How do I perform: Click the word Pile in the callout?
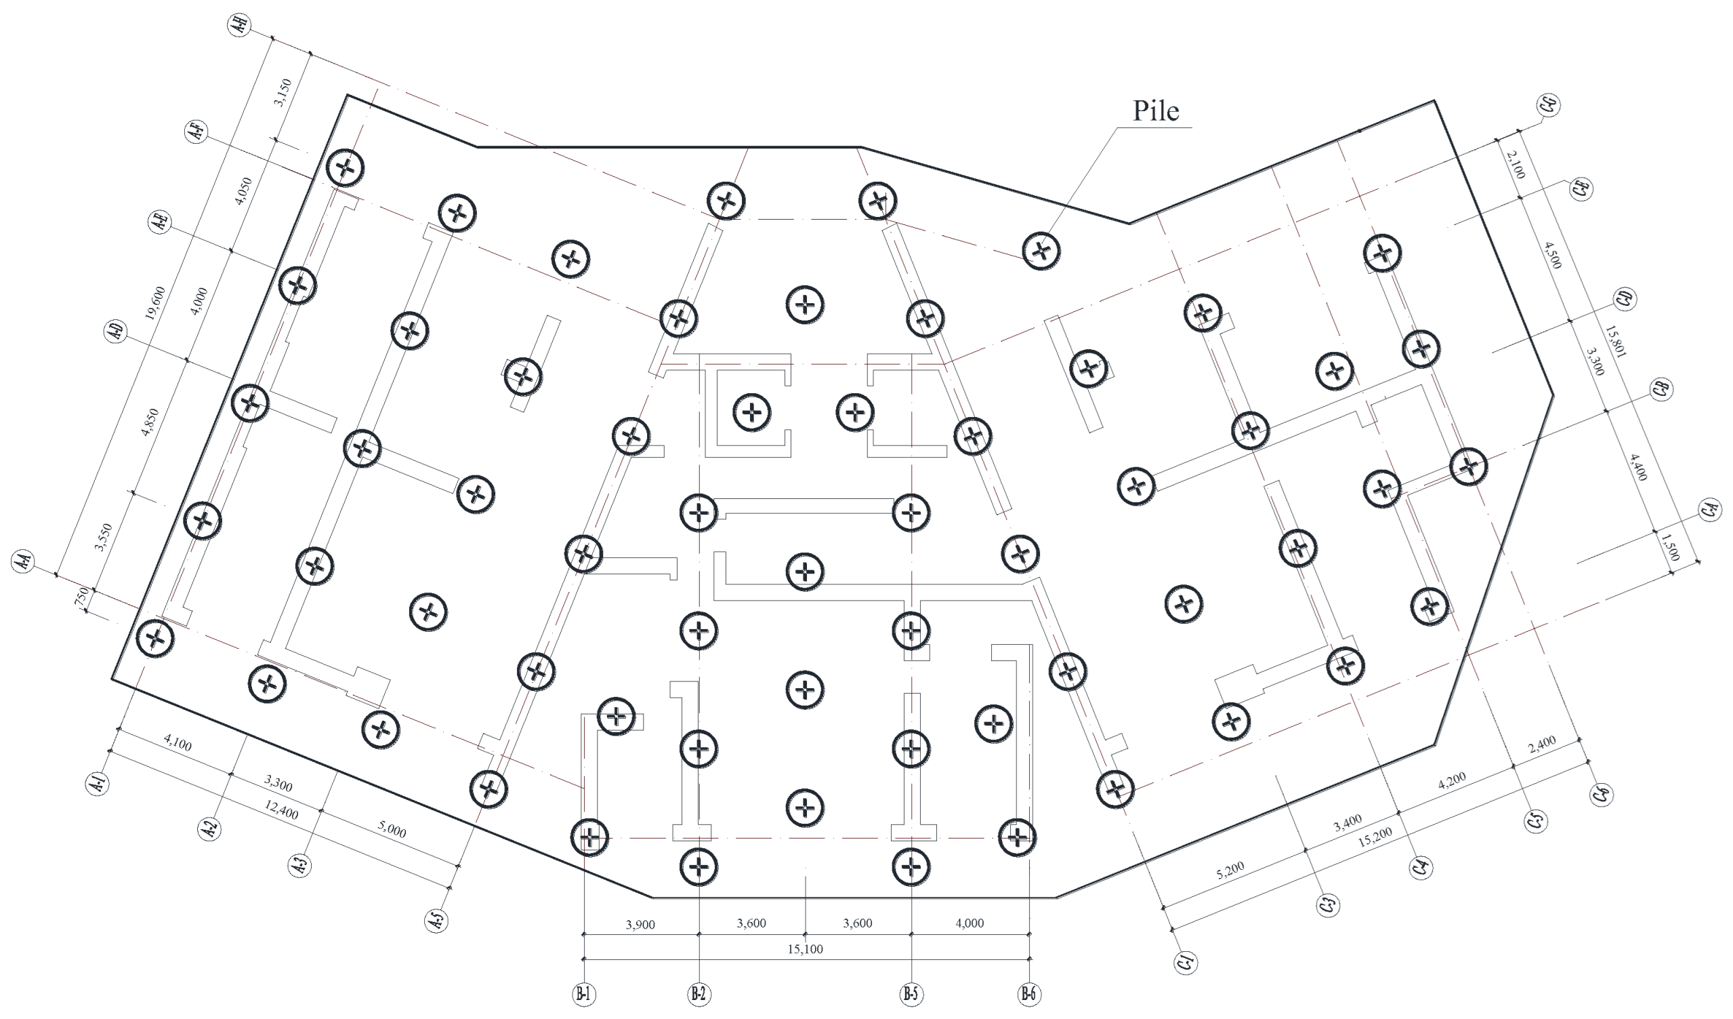1155,111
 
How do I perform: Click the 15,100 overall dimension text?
805,949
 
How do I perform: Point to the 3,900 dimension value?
640,925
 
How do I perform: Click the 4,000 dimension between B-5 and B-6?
969,923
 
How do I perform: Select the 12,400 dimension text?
281,812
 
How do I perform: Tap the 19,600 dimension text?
154,304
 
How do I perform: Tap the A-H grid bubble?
239,26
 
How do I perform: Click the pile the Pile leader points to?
1041,250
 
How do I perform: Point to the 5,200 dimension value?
1230,871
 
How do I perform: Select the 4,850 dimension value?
149,422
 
